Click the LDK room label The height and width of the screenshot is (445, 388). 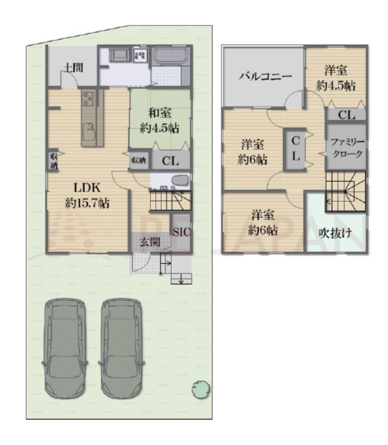pos(87,196)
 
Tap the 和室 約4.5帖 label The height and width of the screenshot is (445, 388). pos(160,121)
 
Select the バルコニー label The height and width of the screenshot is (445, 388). pos(265,76)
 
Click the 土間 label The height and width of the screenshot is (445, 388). pos(73,68)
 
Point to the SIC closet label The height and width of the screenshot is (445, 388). pos(182,232)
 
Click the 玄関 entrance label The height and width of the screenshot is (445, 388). pos(150,242)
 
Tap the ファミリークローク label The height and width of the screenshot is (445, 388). pos(347,148)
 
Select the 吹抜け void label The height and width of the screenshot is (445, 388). pos(335,233)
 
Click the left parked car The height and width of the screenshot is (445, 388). pos(65,348)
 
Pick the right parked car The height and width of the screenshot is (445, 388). pos(122,348)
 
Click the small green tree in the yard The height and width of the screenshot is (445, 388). pos(201,389)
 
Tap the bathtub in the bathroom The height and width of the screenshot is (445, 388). pos(170,57)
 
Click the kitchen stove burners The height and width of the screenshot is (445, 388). pos(88,98)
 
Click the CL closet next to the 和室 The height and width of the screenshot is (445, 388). pos(171,161)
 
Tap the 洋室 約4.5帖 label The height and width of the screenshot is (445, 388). pos(336,78)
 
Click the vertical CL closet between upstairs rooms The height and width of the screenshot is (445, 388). pos(295,150)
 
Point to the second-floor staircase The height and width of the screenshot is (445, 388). pos(346,192)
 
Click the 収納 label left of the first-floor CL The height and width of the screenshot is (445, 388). pos(139,160)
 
